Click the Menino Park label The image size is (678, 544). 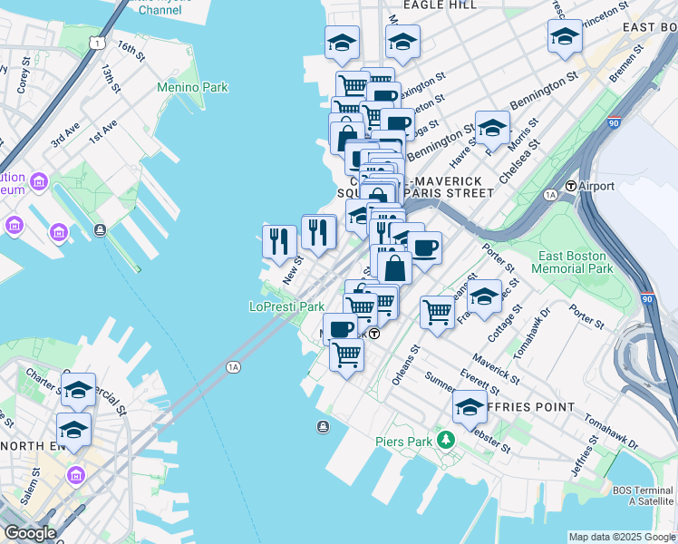coord(192,87)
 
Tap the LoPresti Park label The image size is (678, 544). coord(286,307)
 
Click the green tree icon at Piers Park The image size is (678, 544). coord(445,440)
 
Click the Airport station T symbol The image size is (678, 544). coord(571,186)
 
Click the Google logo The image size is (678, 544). coord(30,533)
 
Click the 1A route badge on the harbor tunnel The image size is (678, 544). coord(234,366)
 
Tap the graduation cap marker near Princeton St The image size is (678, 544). coord(565,37)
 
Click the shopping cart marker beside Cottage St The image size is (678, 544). coord(437,311)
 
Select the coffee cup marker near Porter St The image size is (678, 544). coord(424,246)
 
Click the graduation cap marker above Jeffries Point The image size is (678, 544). coord(469,407)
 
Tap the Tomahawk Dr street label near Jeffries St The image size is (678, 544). coord(605,427)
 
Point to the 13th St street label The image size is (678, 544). coord(111,78)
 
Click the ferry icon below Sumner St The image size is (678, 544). coord(323,426)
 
